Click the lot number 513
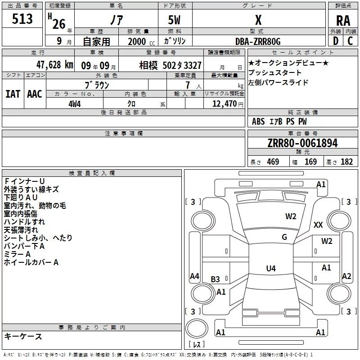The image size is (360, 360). (x=22, y=19)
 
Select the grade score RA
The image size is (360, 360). (x=343, y=21)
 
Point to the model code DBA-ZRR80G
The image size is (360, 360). (x=258, y=41)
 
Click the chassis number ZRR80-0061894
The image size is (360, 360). (x=302, y=144)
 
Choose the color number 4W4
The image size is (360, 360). (x=74, y=103)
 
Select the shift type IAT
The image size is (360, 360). (x=13, y=94)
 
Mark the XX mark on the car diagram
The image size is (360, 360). (x=318, y=225)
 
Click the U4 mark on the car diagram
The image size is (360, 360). (x=270, y=269)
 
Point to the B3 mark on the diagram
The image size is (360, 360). (x=216, y=279)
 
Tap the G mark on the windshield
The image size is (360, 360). (x=284, y=237)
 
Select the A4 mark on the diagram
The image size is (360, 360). (x=194, y=276)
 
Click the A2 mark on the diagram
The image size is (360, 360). (x=346, y=276)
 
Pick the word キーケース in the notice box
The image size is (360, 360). (x=23, y=336)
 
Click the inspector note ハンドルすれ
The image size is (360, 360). (x=24, y=222)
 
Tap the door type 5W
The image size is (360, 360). (x=175, y=20)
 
